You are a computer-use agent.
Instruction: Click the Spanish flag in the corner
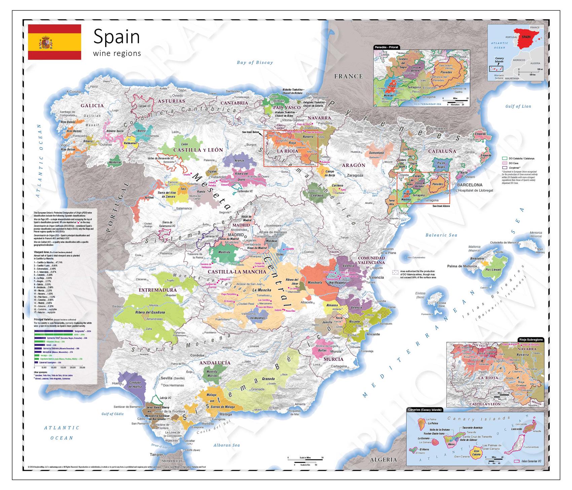coord(54,42)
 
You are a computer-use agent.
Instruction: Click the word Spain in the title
coord(116,37)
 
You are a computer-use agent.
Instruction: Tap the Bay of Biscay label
coord(255,62)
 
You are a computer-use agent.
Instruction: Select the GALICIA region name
coord(92,105)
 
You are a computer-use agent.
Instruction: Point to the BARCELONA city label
coord(469,185)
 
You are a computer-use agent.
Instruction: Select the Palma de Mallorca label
coord(462,266)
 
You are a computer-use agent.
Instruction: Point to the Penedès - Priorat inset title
coord(386,47)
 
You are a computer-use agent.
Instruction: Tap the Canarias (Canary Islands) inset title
coord(424,410)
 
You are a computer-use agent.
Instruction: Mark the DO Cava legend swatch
coord(504,163)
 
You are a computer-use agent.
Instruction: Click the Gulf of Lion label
coord(518,106)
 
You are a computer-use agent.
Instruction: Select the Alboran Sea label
coord(226,445)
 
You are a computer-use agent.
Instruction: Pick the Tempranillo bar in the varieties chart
coord(54,331)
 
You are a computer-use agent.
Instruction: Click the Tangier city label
coord(157,454)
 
